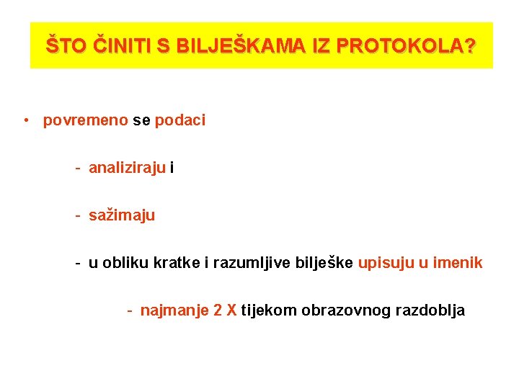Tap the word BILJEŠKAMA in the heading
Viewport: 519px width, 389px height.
coord(234,46)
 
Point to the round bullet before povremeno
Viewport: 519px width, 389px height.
coord(25,120)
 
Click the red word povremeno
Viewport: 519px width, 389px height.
coord(85,120)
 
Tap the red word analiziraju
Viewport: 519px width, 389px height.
coord(127,169)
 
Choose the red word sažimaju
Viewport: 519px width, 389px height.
coord(121,215)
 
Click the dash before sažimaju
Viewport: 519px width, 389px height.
coord(76,215)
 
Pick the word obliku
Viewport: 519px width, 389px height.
coord(126,263)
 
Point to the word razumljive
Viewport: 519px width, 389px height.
coord(252,263)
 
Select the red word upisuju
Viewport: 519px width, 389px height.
coord(386,263)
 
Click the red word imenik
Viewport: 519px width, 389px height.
coord(458,263)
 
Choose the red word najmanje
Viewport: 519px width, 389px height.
coord(174,310)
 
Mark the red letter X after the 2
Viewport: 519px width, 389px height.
coord(231,310)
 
